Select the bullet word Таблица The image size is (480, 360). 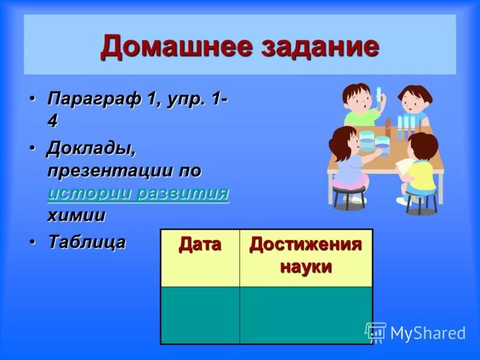point(87,242)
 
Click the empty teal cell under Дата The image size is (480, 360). point(200,315)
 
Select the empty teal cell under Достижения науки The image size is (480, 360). point(305,315)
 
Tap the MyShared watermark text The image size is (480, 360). point(427,333)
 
